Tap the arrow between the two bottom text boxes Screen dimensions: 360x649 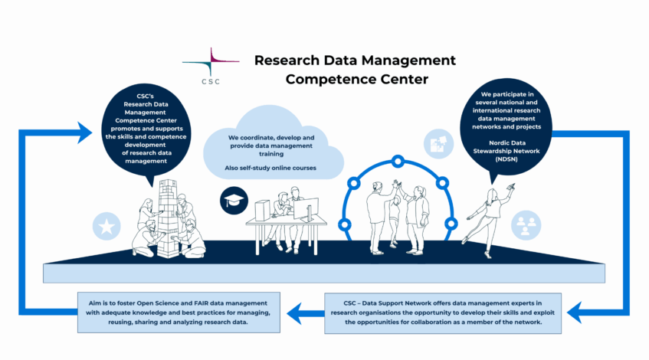pos(307,312)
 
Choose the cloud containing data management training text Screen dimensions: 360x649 pos(270,146)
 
